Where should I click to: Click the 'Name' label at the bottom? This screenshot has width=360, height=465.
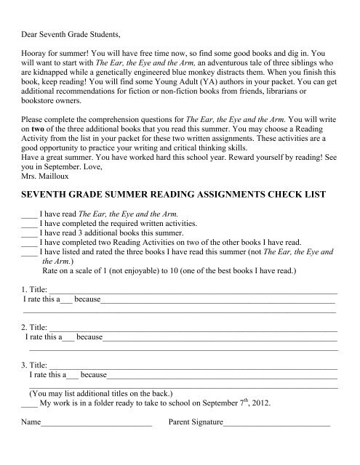pyautogui.click(x=32, y=421)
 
